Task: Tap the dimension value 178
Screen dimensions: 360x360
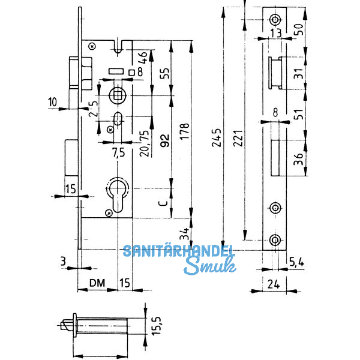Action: click(185, 134)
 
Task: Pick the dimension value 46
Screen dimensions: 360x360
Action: click(143, 59)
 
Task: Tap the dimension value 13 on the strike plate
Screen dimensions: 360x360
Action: click(275, 32)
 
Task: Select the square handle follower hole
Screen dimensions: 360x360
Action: click(118, 94)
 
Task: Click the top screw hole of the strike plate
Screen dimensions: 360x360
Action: click(275, 18)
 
